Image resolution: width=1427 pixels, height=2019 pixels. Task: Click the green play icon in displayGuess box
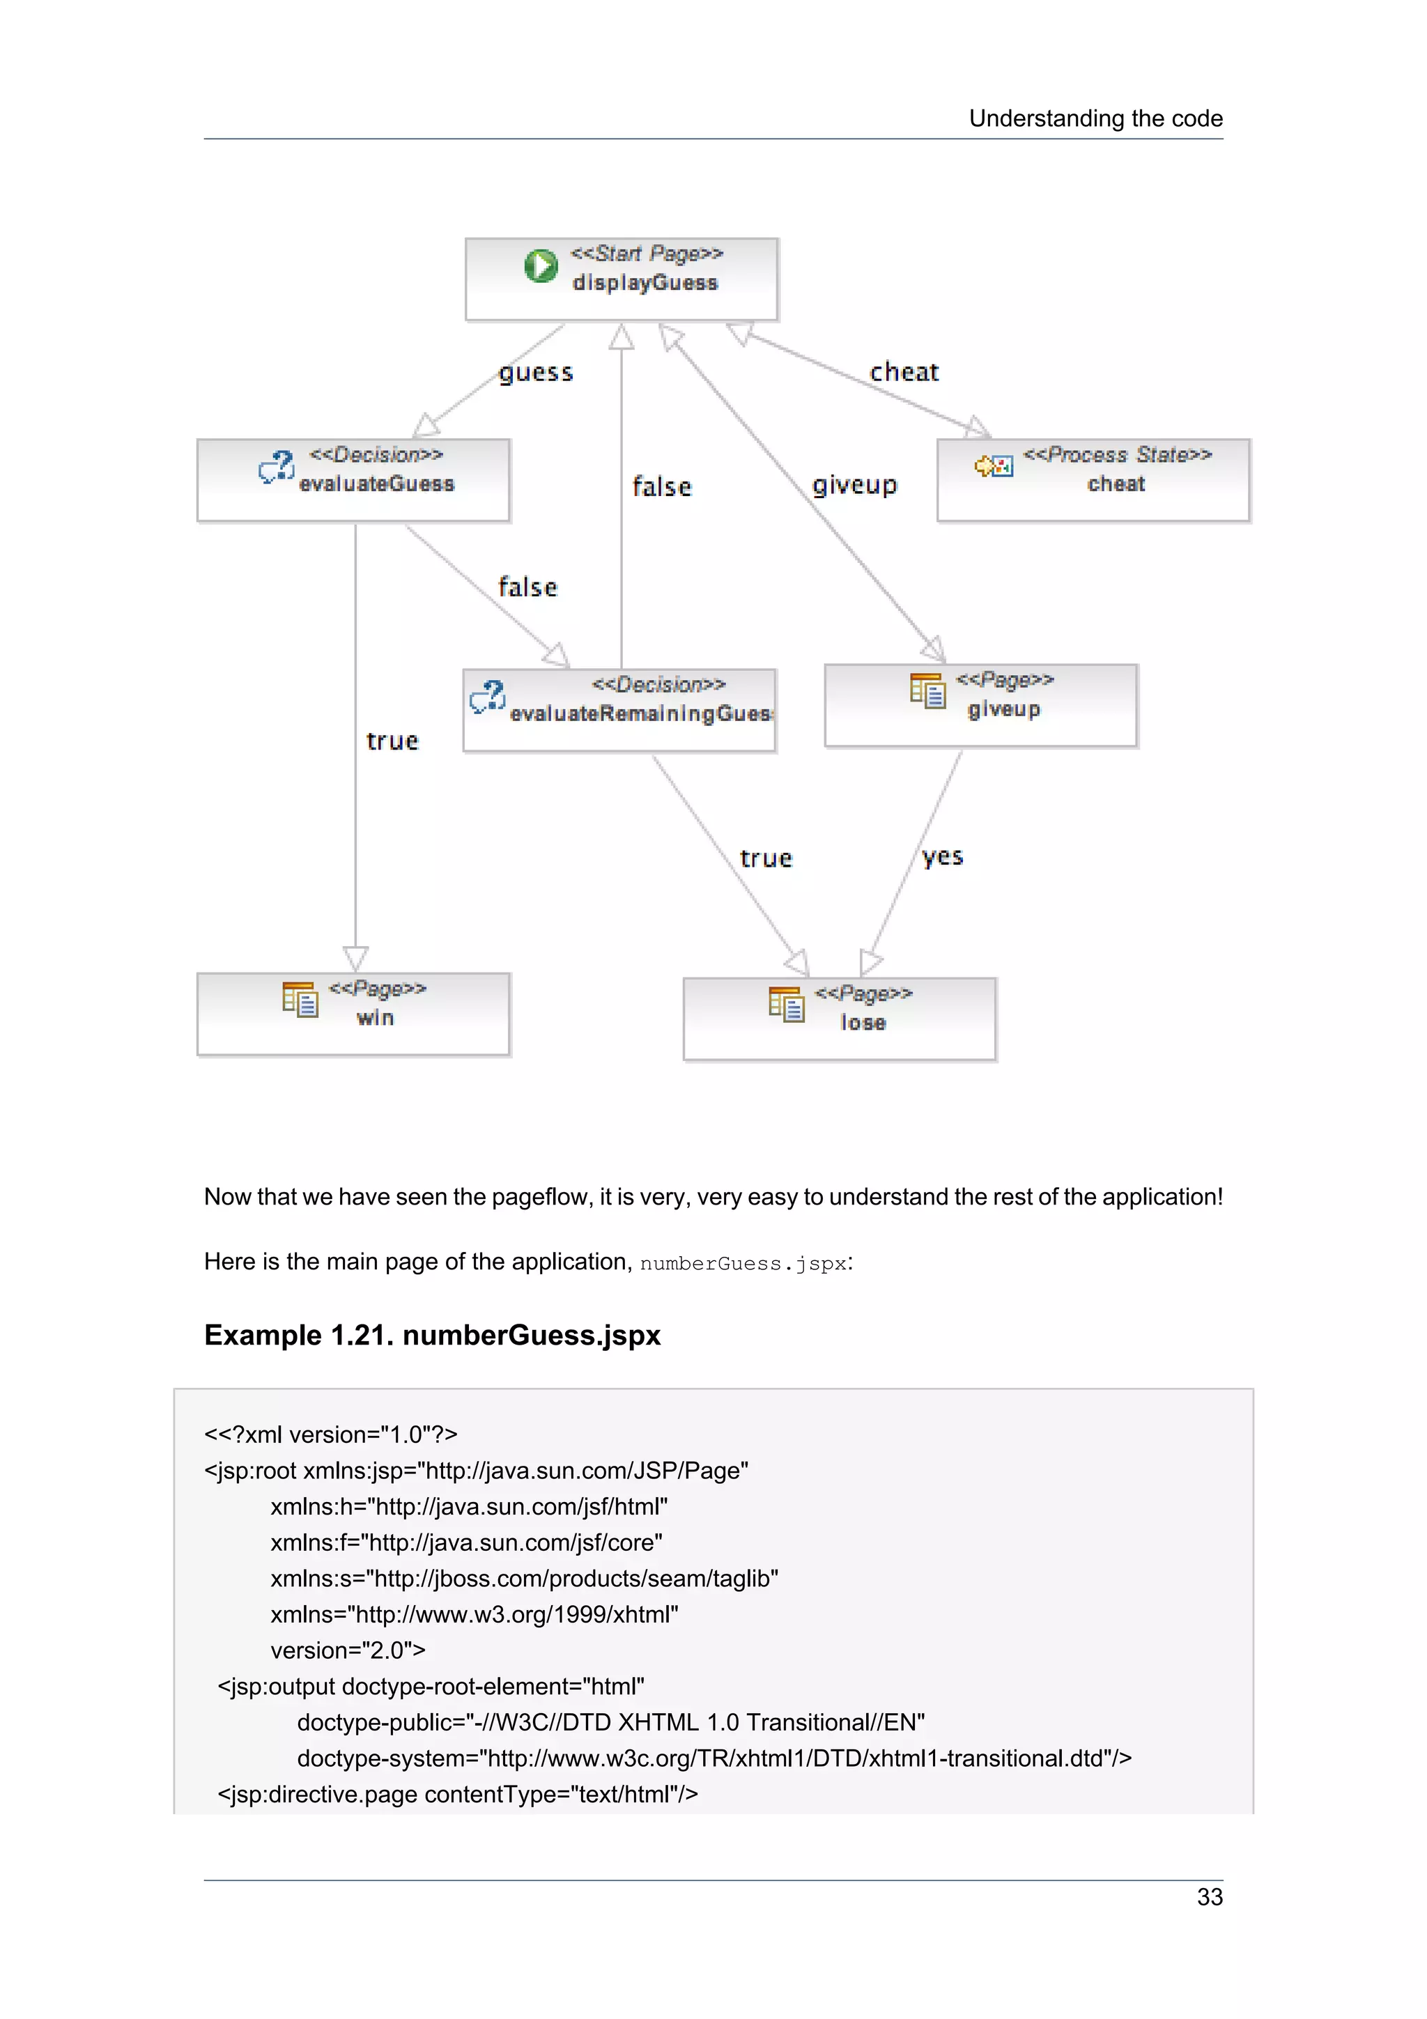541,265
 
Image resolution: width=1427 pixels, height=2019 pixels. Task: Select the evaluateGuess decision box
353,480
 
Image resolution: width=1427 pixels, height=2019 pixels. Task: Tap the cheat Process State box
1093,480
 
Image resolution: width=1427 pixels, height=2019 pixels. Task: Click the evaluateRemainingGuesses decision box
620,711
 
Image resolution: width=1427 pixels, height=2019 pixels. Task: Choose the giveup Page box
980,705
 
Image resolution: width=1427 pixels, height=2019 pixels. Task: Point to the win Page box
353,1014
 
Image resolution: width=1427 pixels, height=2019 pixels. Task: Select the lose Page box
840,1019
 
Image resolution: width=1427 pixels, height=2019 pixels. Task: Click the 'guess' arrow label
535,373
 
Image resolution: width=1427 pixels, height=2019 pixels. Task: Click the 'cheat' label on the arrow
904,372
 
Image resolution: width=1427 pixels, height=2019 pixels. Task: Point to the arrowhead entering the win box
355,959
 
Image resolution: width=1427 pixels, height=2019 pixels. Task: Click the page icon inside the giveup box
927,691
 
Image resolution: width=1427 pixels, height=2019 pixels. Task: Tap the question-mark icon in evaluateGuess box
277,467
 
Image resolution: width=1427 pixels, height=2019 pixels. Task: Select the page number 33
1209,1897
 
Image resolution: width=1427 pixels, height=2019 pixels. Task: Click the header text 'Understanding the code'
1095,118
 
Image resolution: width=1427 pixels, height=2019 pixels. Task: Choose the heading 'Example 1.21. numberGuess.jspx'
432,1335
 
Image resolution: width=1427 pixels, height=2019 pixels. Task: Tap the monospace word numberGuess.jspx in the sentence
743,1264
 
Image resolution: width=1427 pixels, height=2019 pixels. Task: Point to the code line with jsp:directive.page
457,1794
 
